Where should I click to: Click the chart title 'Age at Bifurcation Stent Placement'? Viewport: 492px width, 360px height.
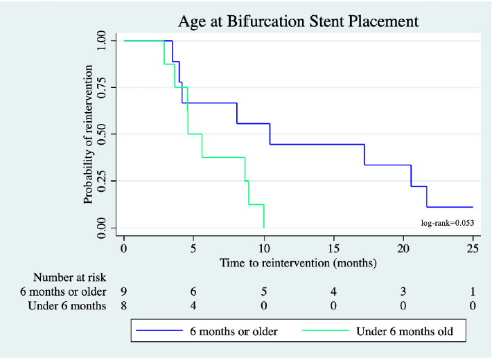tap(298, 21)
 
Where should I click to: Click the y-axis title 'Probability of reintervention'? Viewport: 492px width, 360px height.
tap(89, 134)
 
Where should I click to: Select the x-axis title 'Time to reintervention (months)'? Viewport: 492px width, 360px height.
tap(298, 263)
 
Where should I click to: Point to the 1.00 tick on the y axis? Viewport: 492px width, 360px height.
tap(102, 41)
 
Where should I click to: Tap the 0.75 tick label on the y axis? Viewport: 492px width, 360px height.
tap(102, 87)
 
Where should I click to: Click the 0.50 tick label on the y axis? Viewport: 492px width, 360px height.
tap(102, 134)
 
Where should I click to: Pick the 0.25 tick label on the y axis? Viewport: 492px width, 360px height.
tap(102, 181)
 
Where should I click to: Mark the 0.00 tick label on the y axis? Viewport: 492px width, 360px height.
tap(102, 228)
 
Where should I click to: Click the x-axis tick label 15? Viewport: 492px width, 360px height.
tap(333, 249)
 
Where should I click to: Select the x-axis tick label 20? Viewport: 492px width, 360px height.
tap(403, 249)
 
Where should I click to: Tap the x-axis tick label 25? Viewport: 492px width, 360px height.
tap(473, 249)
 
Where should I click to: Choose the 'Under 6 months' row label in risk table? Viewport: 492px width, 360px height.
tap(67, 306)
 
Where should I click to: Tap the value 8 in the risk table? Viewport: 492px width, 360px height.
tap(124, 306)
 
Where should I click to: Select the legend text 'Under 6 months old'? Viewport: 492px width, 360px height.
tap(405, 332)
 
